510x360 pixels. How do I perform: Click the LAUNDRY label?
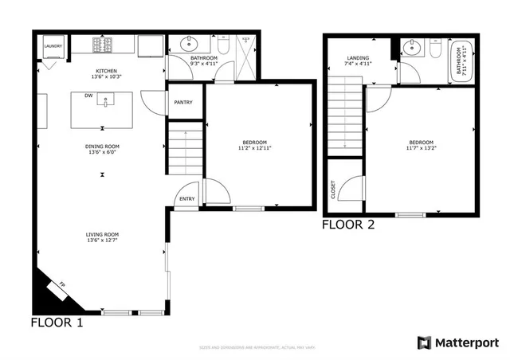click(x=53, y=47)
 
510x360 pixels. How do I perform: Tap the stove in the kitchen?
click(x=104, y=45)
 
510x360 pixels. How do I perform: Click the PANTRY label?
click(x=183, y=102)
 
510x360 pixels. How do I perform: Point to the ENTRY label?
click(x=187, y=199)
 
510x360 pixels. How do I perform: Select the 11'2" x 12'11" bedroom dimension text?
click(x=257, y=149)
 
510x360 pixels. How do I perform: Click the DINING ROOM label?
click(x=102, y=146)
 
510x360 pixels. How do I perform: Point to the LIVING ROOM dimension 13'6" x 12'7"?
click(x=102, y=240)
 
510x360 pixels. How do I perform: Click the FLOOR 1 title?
click(x=56, y=323)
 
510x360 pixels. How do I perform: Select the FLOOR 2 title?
click(x=347, y=225)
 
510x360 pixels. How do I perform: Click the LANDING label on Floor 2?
click(x=357, y=58)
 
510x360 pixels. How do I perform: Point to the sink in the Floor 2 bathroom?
click(x=412, y=49)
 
